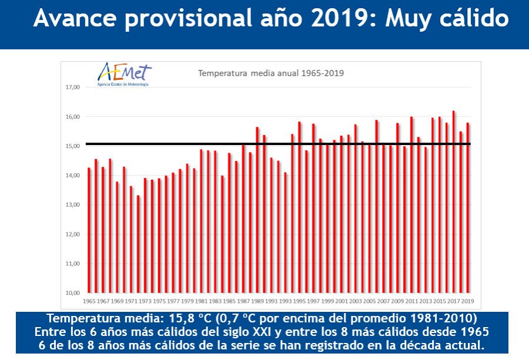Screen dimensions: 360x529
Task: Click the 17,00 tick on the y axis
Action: [72, 88]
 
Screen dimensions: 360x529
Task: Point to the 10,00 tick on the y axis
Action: [72, 293]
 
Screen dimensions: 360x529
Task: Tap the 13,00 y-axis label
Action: [72, 205]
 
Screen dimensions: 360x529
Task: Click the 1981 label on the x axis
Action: [201, 301]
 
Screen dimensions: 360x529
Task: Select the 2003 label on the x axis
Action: [355, 301]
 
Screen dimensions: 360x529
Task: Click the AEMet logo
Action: [124, 74]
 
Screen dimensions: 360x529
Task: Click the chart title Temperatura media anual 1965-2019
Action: [270, 73]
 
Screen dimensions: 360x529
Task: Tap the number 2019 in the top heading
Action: [344, 19]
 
